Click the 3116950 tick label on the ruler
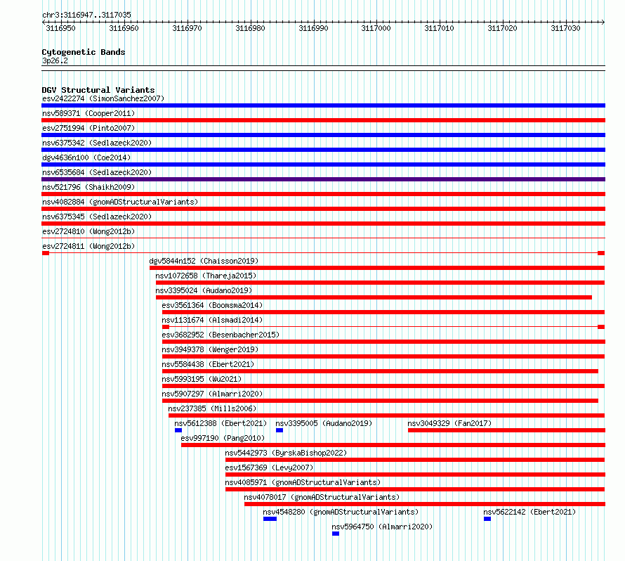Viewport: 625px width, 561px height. coord(60,28)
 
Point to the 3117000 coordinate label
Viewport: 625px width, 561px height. coord(376,28)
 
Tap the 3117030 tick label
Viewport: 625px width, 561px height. coord(565,28)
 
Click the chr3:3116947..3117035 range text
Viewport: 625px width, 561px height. coord(86,15)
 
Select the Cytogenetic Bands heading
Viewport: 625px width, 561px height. coord(84,52)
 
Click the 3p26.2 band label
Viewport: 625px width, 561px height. coord(55,60)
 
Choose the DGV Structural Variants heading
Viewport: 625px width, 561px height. coord(98,90)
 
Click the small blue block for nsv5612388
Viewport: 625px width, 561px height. coord(178,430)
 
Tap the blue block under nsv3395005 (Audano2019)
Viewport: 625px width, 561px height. coord(279,430)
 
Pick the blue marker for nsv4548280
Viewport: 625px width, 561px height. coord(270,519)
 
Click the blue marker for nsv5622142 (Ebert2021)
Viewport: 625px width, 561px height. coord(487,519)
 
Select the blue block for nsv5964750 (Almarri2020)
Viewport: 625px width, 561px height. coord(336,534)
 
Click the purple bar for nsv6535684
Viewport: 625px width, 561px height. coord(323,179)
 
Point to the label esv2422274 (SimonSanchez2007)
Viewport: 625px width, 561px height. coord(103,98)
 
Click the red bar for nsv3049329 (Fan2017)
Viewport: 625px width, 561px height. coord(506,430)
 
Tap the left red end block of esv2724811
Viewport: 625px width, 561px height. coord(46,253)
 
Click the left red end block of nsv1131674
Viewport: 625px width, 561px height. coord(166,327)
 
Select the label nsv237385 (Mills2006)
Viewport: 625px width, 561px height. coord(212,408)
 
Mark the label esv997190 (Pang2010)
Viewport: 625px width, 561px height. coord(223,438)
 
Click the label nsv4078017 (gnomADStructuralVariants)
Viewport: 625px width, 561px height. coord(322,497)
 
